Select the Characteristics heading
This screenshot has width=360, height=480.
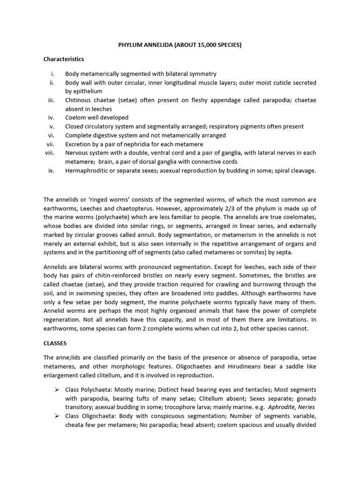(x=64, y=59)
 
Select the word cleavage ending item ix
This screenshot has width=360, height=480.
(x=303, y=171)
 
